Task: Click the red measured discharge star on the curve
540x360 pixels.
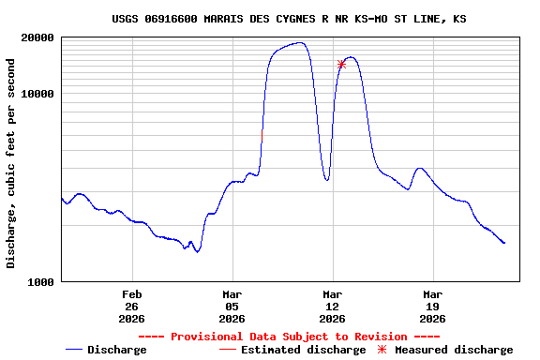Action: tap(341, 64)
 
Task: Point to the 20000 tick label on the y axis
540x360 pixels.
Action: tap(38, 37)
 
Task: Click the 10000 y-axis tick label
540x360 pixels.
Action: tap(38, 94)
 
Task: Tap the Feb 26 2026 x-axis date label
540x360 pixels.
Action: tap(131, 306)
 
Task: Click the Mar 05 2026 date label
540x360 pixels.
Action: tap(232, 306)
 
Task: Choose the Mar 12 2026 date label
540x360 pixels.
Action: tap(332, 306)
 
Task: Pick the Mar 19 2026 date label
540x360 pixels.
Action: tap(432, 306)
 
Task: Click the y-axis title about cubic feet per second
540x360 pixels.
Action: tap(11, 163)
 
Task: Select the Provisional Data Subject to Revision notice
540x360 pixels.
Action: tap(289, 337)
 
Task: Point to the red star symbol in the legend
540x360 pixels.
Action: tap(381, 350)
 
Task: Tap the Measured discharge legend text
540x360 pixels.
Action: tap(454, 350)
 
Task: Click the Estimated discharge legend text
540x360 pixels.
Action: tap(303, 350)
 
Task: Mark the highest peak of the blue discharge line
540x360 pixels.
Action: tap(300, 42)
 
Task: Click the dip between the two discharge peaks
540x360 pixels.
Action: tap(327, 179)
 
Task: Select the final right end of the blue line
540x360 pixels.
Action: tap(504, 243)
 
